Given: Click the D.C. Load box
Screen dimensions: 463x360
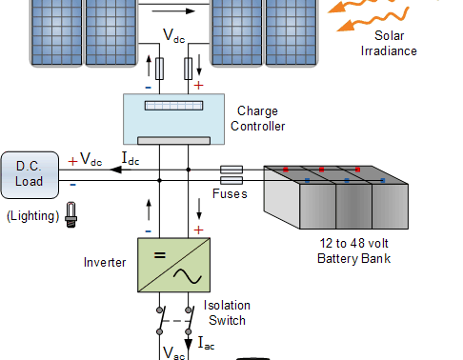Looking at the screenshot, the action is point(30,175).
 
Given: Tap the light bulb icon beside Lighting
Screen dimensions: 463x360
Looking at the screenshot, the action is point(71,214).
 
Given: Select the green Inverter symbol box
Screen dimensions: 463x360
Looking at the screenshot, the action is point(173,265).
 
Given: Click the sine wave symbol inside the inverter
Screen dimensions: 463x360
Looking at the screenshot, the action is point(188,276).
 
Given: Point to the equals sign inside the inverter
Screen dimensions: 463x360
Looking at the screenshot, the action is point(160,255).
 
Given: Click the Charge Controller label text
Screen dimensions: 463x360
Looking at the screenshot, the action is point(257,118).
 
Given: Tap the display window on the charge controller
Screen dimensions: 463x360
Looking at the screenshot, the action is point(173,106).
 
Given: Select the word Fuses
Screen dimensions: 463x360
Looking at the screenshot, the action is point(230,193).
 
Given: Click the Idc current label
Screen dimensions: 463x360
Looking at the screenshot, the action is point(131,158).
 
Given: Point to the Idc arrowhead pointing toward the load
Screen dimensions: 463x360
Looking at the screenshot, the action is point(115,170).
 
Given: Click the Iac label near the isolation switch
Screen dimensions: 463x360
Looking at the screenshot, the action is point(206,344).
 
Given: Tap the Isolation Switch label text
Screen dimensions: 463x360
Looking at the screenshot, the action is point(227,312).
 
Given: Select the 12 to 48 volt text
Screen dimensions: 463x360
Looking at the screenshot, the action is point(353,244).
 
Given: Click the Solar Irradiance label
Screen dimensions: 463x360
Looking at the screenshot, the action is point(389,43).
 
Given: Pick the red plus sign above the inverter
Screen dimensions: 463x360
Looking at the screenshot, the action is point(198,230).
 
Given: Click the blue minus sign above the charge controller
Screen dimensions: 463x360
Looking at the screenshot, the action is point(148,88).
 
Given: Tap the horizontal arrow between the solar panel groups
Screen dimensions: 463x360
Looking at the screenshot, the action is point(173,11).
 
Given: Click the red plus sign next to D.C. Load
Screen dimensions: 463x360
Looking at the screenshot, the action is point(72,161).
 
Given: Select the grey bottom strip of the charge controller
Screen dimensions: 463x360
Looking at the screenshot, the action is point(173,140).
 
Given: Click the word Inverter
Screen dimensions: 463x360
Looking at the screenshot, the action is point(105,263).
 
